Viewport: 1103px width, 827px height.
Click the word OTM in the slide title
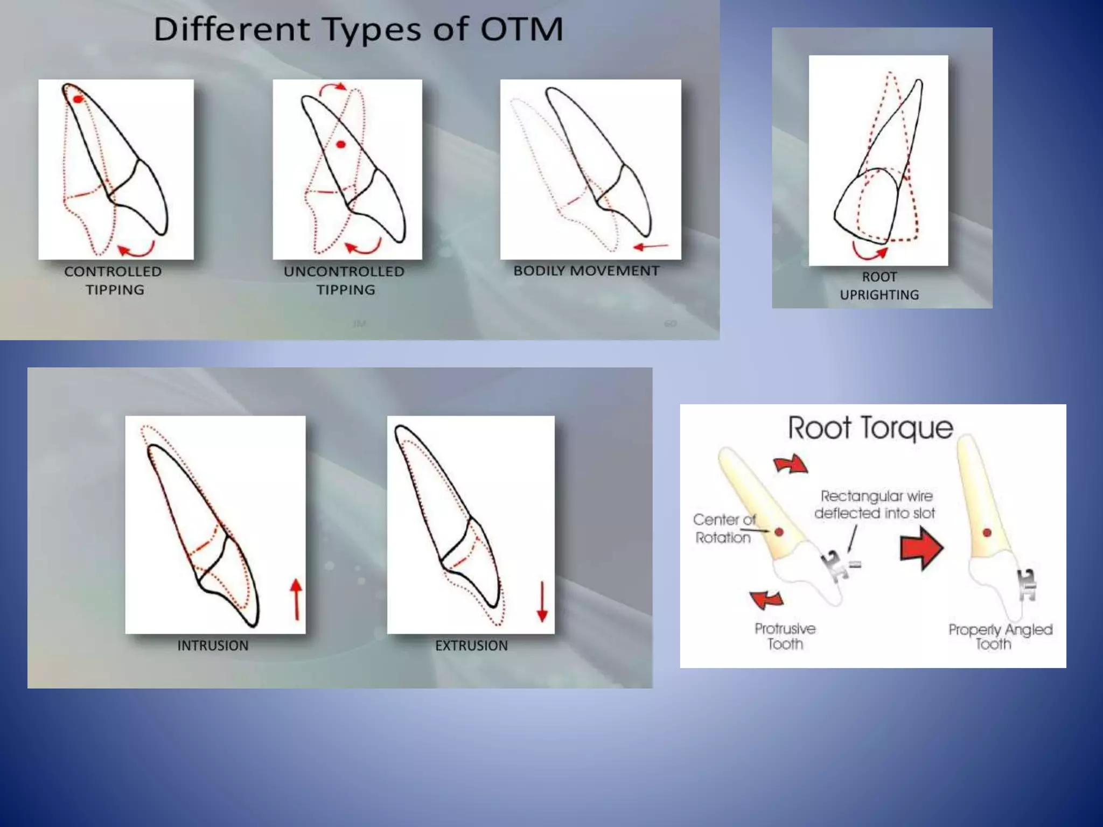521,29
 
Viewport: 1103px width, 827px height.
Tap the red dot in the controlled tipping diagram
78,100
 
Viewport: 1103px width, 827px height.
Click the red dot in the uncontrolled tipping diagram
341,144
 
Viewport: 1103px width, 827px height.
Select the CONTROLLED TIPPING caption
113,281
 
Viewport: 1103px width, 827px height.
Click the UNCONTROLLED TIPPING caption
344,281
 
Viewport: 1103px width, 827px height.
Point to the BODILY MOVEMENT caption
586,271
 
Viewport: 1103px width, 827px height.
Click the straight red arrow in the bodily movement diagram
651,247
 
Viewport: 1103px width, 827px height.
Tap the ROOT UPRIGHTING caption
879,286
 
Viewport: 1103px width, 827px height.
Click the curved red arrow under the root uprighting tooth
868,251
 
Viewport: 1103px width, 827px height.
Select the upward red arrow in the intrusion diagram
296,599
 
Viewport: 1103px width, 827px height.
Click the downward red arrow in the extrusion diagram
542,602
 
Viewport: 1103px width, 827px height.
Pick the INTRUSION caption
213,646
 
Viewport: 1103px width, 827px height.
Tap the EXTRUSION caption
471,646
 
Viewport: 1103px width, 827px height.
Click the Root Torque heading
870,429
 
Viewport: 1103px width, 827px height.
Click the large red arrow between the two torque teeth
922,548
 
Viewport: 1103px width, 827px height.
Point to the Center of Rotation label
723,529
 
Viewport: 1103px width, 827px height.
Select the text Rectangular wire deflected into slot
875,504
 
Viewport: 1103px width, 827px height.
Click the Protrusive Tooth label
785,636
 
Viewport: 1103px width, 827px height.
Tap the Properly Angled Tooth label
1000,637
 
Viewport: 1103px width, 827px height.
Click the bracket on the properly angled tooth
1027,585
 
